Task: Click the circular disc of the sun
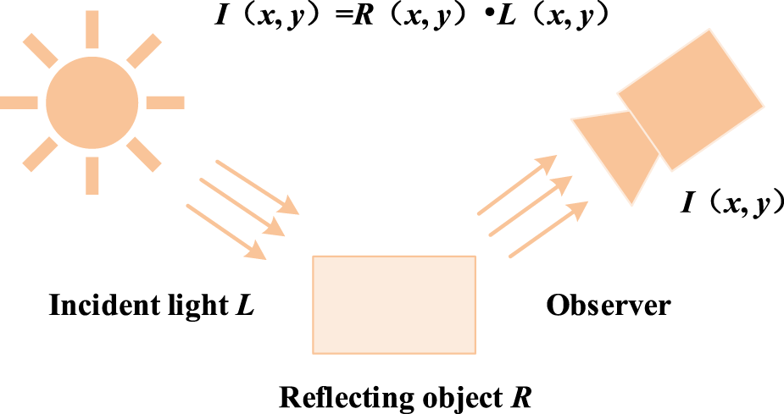[92, 102]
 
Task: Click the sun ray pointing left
[19, 102]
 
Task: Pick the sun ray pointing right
[165, 102]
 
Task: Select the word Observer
[608, 305]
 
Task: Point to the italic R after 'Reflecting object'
[523, 396]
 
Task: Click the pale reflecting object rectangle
[394, 304]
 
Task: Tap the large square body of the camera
[691, 97]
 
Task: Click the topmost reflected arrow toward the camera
[517, 185]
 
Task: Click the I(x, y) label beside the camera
[731, 203]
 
